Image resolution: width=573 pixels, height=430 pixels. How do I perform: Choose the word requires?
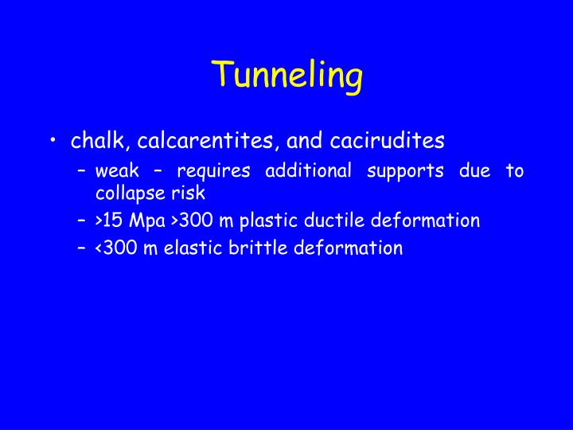click(213, 170)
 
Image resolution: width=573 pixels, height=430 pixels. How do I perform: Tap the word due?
click(474, 170)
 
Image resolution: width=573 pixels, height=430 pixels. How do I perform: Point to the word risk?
click(188, 193)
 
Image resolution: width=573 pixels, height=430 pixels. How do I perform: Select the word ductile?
click(338, 221)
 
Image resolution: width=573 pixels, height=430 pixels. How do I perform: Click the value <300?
click(116, 248)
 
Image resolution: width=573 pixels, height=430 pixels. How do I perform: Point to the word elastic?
click(188, 248)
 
